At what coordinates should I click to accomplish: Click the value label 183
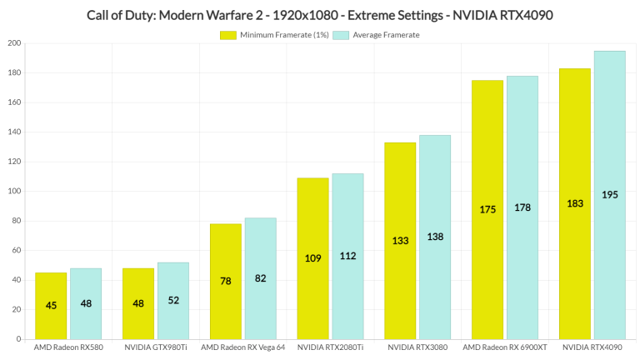575,203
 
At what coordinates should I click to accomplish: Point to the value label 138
435,237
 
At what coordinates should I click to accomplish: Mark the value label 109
312,257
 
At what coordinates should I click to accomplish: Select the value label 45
51,306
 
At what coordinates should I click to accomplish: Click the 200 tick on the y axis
14,43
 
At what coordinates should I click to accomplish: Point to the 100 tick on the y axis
14,192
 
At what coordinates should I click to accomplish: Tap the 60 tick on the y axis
17,251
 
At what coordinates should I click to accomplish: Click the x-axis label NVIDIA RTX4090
592,347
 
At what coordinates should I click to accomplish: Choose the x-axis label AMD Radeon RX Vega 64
242,347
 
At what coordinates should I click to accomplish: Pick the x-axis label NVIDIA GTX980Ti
155,347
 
